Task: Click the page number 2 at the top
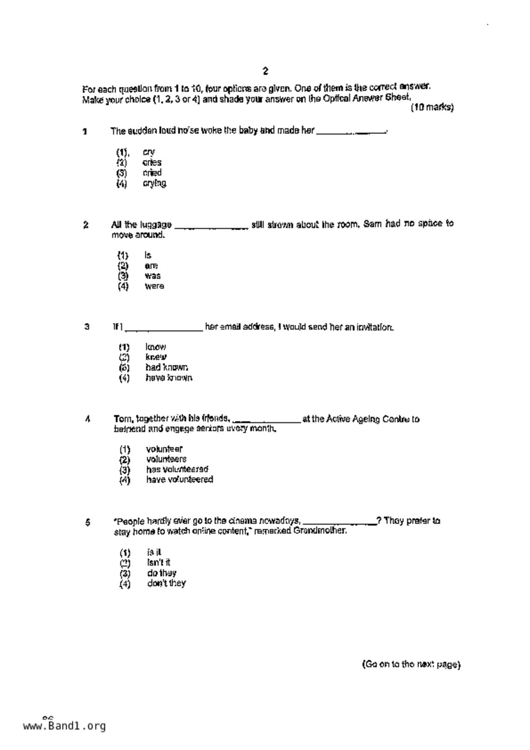(265, 71)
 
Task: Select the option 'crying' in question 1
(154, 183)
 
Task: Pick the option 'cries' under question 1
(152, 162)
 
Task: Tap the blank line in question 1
(351, 132)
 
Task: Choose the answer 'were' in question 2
(154, 286)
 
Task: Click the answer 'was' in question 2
(153, 276)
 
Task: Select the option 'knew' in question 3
(156, 357)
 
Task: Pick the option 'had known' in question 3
(167, 367)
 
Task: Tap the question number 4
(87, 419)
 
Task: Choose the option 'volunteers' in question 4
(166, 459)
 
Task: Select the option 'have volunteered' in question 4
(179, 480)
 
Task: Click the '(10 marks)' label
(432, 107)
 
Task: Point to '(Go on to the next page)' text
(411, 664)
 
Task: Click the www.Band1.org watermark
(64, 726)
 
